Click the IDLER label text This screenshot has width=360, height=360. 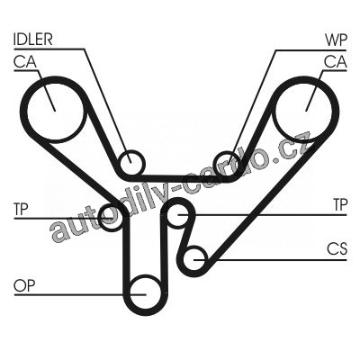[33, 40]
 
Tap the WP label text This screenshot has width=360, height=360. [336, 40]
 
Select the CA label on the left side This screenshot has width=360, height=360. [25, 62]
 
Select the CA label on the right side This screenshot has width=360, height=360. [336, 62]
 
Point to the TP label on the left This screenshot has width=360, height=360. [21, 209]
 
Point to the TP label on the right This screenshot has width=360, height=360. [340, 205]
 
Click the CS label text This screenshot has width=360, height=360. [337, 249]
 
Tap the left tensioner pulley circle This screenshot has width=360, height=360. [100, 218]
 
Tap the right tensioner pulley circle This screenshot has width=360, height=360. [166, 215]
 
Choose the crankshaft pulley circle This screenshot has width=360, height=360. [184, 259]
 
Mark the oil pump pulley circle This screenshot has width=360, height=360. [130, 294]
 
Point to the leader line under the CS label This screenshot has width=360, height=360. [270, 260]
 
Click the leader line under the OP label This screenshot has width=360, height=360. [80, 295]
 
